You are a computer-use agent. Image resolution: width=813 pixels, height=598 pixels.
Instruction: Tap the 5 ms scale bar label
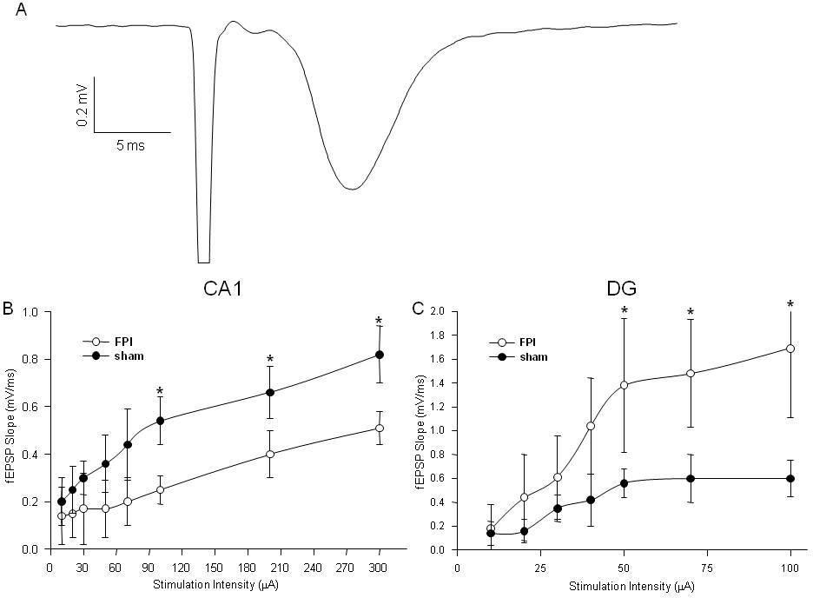(x=130, y=145)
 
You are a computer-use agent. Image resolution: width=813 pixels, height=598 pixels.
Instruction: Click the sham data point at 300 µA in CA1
(x=380, y=355)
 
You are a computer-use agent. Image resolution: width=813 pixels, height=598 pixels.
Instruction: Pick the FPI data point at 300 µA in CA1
(x=380, y=428)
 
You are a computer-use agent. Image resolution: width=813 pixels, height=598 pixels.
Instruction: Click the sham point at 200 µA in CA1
(x=270, y=392)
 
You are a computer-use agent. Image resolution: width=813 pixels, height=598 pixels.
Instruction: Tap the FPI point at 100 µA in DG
(x=790, y=349)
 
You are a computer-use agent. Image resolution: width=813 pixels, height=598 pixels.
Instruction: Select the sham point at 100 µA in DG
(x=790, y=478)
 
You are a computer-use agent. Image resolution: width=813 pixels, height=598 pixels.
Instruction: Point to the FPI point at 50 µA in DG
(x=624, y=384)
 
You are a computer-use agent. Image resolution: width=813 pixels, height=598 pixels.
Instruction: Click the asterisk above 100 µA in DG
(x=790, y=305)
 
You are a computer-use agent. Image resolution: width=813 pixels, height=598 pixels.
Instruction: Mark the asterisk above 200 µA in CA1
(x=270, y=360)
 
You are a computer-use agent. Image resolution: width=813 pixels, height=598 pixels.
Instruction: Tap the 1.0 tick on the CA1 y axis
(x=35, y=311)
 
